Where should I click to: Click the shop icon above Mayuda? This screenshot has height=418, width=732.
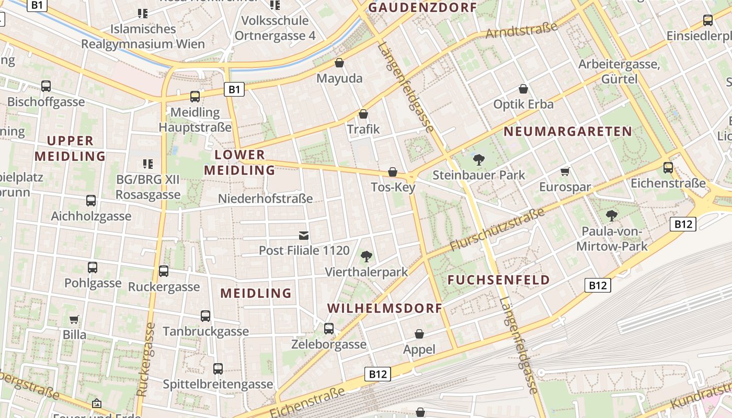click(x=339, y=63)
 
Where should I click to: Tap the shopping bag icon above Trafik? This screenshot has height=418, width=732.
click(x=363, y=113)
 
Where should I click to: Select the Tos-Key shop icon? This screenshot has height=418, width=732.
click(x=393, y=171)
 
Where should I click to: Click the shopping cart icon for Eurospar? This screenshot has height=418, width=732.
click(x=565, y=171)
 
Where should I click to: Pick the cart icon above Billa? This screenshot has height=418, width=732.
click(x=74, y=319)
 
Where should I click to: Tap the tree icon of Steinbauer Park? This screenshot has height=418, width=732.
click(x=478, y=159)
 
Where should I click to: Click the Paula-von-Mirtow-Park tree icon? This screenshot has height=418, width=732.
click(x=611, y=215)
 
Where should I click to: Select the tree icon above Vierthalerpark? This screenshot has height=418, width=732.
click(x=367, y=256)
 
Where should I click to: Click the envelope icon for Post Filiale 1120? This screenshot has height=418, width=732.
click(x=304, y=235)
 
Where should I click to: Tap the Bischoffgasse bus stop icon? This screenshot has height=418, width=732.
click(x=46, y=86)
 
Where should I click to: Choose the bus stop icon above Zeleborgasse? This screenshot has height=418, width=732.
click(x=329, y=328)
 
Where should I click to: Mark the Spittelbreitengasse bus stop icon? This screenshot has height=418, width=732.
click(x=218, y=368)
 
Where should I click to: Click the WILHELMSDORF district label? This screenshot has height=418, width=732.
click(x=385, y=308)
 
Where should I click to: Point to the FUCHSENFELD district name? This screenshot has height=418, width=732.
click(x=499, y=280)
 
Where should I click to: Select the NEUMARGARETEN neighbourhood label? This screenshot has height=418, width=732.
click(x=568, y=131)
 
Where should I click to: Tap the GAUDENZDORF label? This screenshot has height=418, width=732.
click(x=422, y=7)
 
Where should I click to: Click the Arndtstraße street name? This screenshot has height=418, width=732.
click(x=521, y=30)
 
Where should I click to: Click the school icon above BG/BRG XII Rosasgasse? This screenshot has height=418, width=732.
click(x=148, y=164)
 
